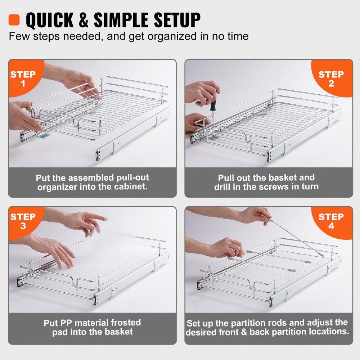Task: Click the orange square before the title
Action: click(14, 19)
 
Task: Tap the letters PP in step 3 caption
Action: click(64, 323)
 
